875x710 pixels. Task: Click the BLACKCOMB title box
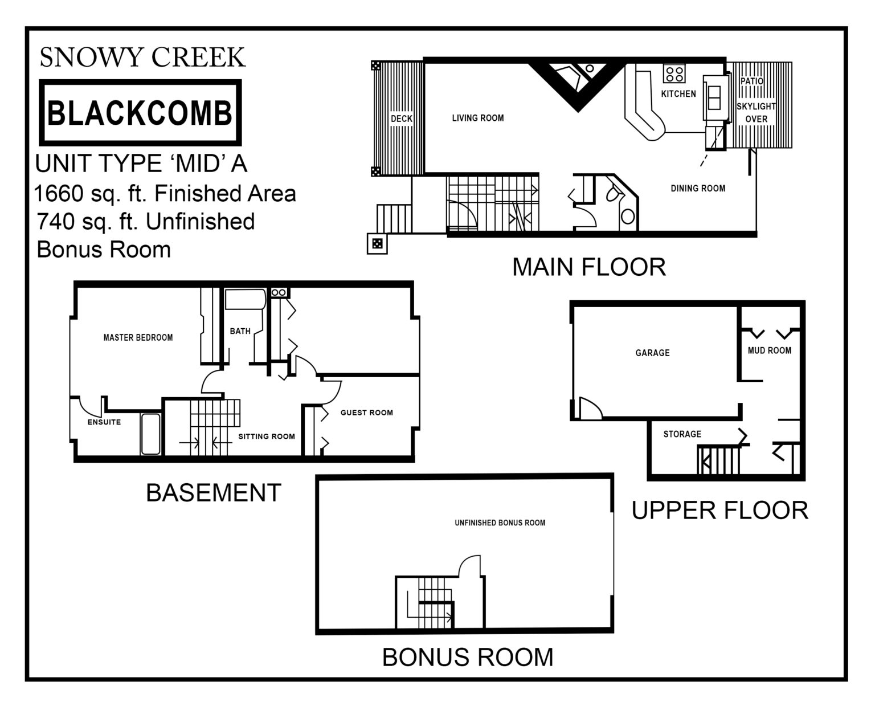pos(140,113)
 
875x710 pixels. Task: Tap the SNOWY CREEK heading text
pos(142,58)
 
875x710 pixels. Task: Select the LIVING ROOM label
pos(477,118)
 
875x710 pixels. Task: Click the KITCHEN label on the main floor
pos(678,93)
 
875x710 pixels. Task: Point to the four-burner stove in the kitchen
pos(674,74)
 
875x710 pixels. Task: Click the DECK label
pos(401,119)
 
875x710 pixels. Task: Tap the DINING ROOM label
pos(697,188)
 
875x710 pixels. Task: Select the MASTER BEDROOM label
pos(138,337)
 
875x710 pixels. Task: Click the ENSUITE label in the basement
pos(104,422)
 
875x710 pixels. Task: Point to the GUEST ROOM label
pos(366,413)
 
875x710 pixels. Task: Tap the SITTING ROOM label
pos(266,436)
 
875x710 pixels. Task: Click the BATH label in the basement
pos(240,331)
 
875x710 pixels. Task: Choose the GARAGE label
pos(652,353)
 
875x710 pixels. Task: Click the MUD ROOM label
pos(769,350)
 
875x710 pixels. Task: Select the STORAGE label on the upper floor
pos(682,434)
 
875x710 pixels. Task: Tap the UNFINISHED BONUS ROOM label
pos(500,523)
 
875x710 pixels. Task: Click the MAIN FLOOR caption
pos(588,267)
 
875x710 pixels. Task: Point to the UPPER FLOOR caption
pos(719,511)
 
